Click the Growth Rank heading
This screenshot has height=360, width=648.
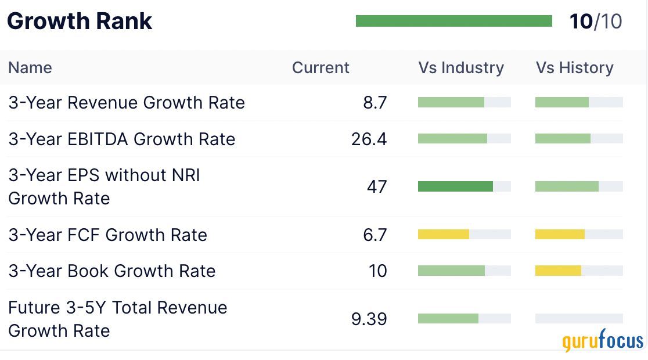point(80,21)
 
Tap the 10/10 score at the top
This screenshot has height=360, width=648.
point(596,21)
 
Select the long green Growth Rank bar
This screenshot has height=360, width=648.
point(453,21)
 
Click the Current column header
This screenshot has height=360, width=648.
point(321,68)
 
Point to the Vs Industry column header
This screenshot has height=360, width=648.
point(461,68)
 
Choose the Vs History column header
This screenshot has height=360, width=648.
point(574,68)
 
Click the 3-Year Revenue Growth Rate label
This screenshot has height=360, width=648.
point(127,103)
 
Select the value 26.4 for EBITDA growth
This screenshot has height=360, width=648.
point(369,139)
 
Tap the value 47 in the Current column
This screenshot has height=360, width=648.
point(376,187)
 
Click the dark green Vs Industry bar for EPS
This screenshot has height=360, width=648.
point(455,186)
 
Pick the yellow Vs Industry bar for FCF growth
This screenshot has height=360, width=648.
point(444,235)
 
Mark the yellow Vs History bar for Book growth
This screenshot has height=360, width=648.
point(558,271)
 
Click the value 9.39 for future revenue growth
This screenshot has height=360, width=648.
point(369,319)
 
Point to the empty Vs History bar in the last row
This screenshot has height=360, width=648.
point(579,318)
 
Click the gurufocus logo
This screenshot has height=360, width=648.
point(603,341)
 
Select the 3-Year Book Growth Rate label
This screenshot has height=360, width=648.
point(112,271)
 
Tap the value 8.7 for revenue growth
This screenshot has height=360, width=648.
point(375,103)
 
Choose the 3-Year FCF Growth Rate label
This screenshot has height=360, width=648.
point(107,235)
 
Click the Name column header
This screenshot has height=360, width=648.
point(30,68)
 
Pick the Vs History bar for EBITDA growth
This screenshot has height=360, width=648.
point(563,139)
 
